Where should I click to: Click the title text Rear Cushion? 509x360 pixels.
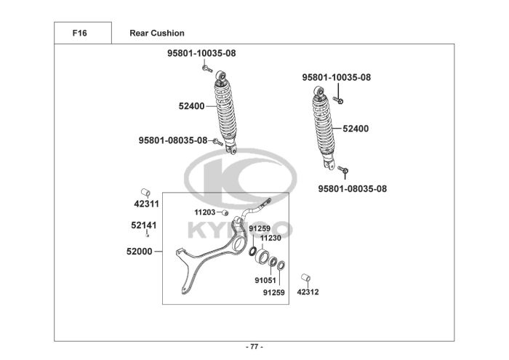[x=156, y=33]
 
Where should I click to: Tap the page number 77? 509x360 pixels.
[x=254, y=345]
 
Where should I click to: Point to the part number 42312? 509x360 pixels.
[x=308, y=292]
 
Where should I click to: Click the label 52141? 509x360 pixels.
[x=143, y=225]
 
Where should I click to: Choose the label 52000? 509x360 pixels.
[x=140, y=252]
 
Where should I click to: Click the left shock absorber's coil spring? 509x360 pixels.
[x=226, y=112]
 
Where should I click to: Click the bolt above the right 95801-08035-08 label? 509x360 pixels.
[x=345, y=172]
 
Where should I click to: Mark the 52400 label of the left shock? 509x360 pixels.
[x=191, y=106]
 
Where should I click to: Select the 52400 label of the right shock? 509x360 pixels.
[x=356, y=129]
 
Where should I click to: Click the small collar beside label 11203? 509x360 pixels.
[x=225, y=212]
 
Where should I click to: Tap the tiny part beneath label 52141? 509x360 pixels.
[x=147, y=236]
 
